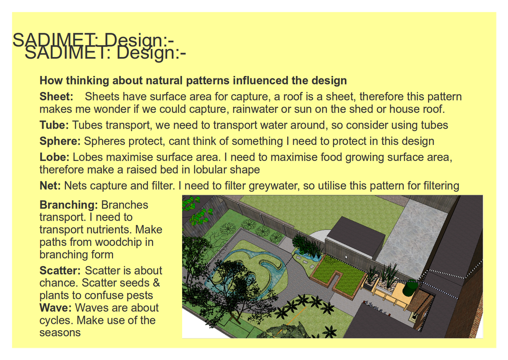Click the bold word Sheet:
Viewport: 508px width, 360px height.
click(x=57, y=97)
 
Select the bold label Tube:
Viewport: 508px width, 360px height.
click(x=54, y=125)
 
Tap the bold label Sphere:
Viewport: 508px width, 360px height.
click(x=60, y=142)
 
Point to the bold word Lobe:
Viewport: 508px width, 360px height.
click(x=55, y=157)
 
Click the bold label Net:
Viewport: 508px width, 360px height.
click(x=50, y=186)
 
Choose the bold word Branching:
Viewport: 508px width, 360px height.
click(x=68, y=205)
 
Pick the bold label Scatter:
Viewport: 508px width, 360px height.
click(x=60, y=271)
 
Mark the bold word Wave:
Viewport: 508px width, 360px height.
click(x=56, y=308)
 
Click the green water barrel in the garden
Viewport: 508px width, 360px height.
click(x=410, y=288)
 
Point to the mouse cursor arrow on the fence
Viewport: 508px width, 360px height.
click(x=346, y=257)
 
